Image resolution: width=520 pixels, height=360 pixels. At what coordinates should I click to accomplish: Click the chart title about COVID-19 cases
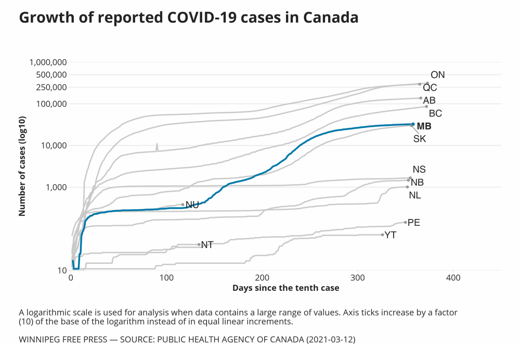188,18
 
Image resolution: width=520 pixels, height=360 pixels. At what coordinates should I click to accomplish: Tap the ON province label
438,75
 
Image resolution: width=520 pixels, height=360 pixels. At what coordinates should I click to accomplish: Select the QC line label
430,87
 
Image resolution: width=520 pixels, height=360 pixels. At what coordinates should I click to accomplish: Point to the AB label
430,100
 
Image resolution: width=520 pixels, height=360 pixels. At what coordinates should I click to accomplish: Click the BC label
435,113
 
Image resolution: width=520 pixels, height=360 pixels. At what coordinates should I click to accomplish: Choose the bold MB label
424,126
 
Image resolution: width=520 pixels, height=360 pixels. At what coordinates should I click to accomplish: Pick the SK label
420,139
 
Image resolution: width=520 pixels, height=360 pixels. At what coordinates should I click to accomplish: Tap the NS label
419,170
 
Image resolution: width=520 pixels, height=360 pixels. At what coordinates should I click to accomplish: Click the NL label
415,196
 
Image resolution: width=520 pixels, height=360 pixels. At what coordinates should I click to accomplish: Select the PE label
414,223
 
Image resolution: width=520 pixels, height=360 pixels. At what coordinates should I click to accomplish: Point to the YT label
391,235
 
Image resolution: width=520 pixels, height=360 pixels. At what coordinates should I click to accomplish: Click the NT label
207,245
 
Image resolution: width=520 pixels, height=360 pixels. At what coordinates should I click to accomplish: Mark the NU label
192,205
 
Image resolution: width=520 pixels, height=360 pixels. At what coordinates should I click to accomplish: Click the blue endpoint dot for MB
413,124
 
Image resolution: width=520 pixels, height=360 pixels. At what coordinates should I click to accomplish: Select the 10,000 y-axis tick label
53,145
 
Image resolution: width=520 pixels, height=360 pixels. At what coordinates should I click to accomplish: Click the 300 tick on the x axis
358,278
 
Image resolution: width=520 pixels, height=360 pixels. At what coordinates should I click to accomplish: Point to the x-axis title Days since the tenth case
285,288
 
